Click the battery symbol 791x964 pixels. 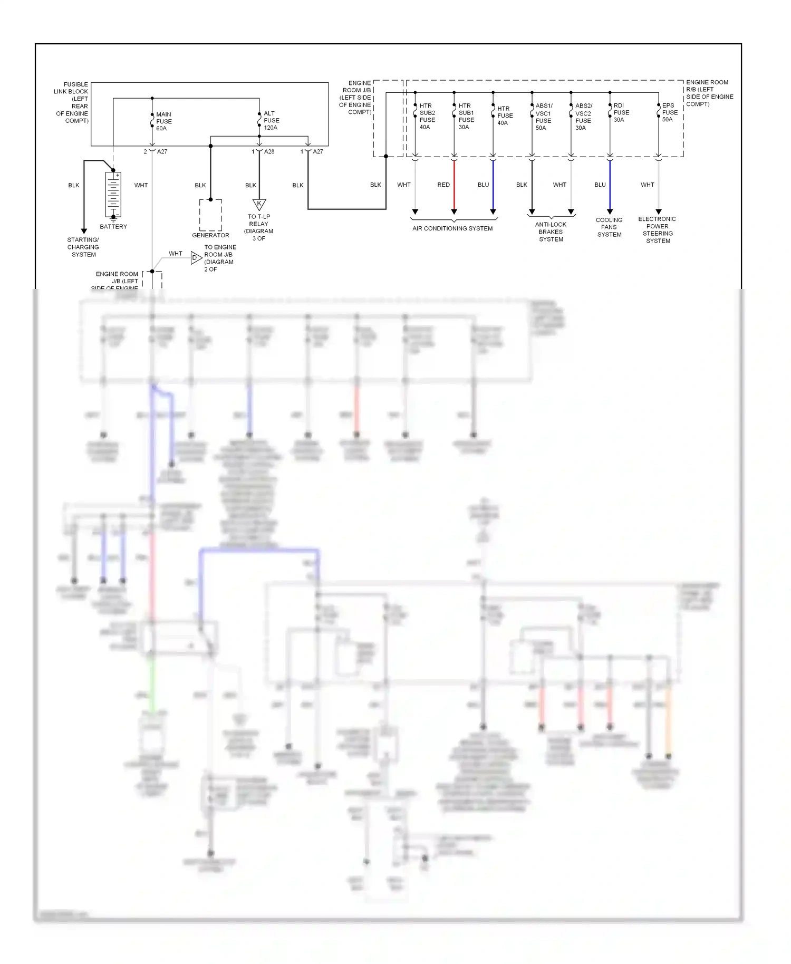pos(113,194)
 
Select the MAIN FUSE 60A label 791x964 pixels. pos(163,121)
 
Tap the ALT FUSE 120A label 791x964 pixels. pos(271,120)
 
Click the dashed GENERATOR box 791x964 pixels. pos(210,215)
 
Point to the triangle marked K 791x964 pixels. pos(259,204)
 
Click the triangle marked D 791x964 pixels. pos(196,258)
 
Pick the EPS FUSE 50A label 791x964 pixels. pos(670,112)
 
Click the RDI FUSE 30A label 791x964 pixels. pos(621,112)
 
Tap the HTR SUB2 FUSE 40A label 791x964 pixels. pos(427,116)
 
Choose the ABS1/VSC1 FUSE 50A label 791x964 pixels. pos(544,117)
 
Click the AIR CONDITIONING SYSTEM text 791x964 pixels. pos(452,228)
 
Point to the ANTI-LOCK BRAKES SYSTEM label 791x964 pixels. pos(551,232)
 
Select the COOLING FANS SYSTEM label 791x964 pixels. pos(609,227)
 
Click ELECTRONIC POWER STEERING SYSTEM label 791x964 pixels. pos(658,230)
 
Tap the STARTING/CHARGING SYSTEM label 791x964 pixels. pos(83,247)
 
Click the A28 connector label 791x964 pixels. pos(269,151)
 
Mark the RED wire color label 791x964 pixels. pos(443,185)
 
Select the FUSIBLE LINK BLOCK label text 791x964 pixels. pos(72,102)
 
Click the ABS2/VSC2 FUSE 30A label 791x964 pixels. pos(583,117)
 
